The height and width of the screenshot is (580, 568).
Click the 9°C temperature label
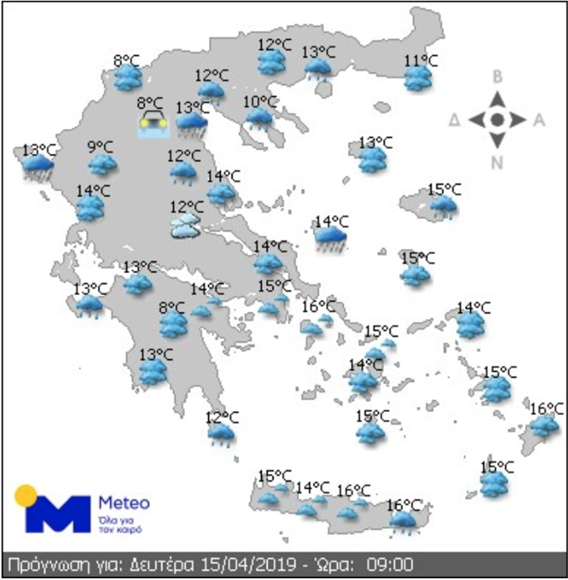100,147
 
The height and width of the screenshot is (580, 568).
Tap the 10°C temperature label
261,101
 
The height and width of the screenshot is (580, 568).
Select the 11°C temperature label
421,61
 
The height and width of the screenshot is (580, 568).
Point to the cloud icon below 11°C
418,79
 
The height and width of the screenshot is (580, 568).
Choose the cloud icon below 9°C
102,164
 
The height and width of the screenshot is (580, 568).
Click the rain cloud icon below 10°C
260,118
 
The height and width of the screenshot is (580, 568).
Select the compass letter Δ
455,120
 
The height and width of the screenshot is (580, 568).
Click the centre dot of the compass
497,119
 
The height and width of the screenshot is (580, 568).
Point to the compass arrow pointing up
497,99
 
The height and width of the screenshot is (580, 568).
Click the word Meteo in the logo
124,502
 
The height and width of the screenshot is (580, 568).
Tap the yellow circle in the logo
26,495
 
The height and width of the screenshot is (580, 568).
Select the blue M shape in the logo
57,514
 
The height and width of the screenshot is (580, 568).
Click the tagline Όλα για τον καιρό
120,524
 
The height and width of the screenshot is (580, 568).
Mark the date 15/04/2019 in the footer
239,565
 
